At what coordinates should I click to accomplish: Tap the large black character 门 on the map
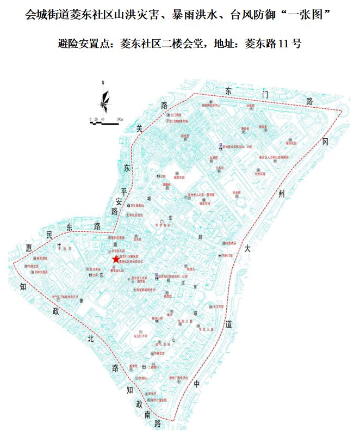tap(265, 95)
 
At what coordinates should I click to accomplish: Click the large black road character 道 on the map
tap(229, 324)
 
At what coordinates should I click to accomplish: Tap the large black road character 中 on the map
tap(197, 384)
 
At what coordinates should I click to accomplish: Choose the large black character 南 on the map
tap(147, 415)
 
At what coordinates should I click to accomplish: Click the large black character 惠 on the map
tap(29, 248)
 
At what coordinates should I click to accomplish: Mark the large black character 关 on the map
tap(139, 129)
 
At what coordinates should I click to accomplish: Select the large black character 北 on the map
tap(91, 339)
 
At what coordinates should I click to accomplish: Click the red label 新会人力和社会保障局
tap(274, 157)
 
